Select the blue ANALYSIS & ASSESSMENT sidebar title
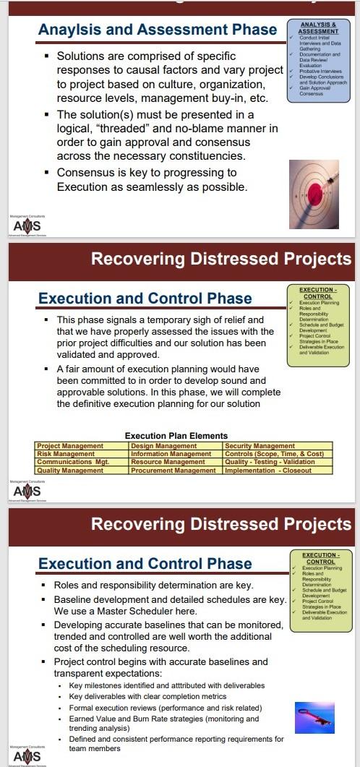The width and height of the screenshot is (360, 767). [x=318, y=28]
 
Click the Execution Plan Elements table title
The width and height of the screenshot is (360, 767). [x=176, y=436]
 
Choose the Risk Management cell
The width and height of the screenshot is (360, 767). [x=66, y=454]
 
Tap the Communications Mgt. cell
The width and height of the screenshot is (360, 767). [x=73, y=462]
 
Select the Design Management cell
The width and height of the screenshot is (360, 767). [x=164, y=447]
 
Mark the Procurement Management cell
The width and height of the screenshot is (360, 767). [x=173, y=470]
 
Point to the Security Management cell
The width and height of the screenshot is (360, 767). [x=260, y=447]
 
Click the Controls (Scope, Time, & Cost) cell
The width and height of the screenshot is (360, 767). [x=274, y=454]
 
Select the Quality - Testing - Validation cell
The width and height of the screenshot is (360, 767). [x=270, y=462]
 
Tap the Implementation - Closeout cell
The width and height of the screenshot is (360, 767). [x=268, y=470]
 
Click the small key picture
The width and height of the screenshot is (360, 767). [x=313, y=717]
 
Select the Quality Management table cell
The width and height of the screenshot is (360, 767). [x=70, y=470]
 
